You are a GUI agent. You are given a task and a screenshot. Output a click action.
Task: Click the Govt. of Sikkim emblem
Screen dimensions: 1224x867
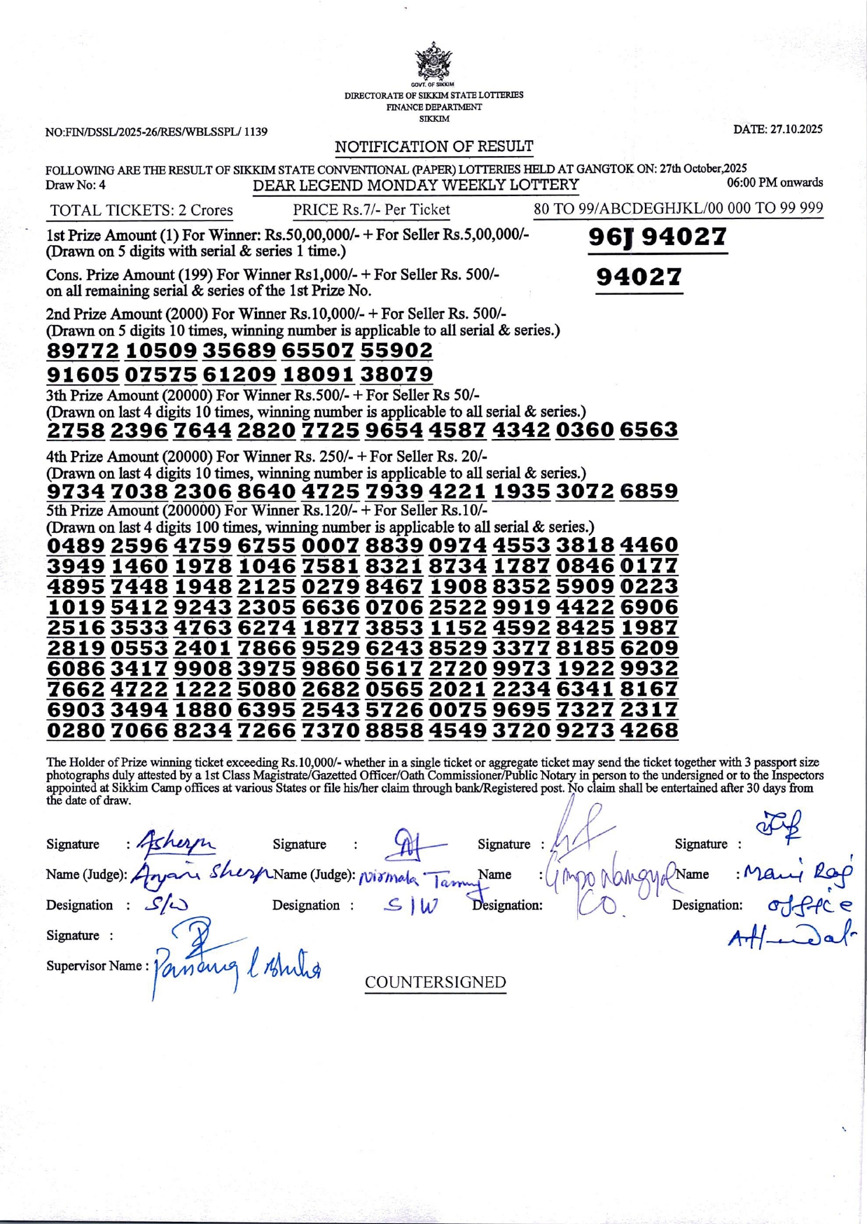pos(433,62)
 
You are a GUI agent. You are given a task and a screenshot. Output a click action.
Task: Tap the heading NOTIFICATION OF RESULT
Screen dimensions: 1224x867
pos(433,146)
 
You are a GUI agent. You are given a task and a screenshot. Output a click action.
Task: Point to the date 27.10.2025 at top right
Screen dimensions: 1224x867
pos(777,129)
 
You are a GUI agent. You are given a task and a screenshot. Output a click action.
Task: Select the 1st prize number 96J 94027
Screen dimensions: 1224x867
pos(657,237)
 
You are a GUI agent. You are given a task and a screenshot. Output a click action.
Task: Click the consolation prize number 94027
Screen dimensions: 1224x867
pos(639,277)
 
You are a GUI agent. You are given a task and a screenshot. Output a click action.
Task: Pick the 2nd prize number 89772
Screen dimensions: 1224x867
pos(83,350)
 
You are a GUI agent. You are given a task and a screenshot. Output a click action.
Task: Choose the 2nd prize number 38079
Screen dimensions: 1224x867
pos(396,374)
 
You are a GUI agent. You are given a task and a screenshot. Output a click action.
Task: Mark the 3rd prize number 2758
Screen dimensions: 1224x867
pos(76,429)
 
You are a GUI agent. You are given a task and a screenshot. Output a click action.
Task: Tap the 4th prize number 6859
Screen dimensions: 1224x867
pos(648,491)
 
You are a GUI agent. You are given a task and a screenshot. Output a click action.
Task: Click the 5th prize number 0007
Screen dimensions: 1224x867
pos(331,545)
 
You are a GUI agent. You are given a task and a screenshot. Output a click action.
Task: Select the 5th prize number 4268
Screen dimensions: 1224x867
pos(648,730)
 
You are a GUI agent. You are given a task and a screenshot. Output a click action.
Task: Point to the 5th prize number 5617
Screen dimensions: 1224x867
pos(394,668)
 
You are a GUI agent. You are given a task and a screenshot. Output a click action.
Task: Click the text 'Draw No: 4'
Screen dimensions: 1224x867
pos(76,186)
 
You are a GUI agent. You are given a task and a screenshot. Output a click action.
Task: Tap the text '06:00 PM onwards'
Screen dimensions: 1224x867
pos(775,183)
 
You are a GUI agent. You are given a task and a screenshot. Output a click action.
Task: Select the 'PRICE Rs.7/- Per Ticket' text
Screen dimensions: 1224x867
pos(371,209)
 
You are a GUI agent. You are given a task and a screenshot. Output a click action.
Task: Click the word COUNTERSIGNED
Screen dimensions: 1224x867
pos(435,982)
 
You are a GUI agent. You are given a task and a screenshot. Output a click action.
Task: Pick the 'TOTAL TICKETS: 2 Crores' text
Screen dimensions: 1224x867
pos(141,210)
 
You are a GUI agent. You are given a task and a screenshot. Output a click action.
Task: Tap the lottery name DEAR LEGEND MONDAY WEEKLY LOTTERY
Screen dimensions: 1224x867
pos(415,186)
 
